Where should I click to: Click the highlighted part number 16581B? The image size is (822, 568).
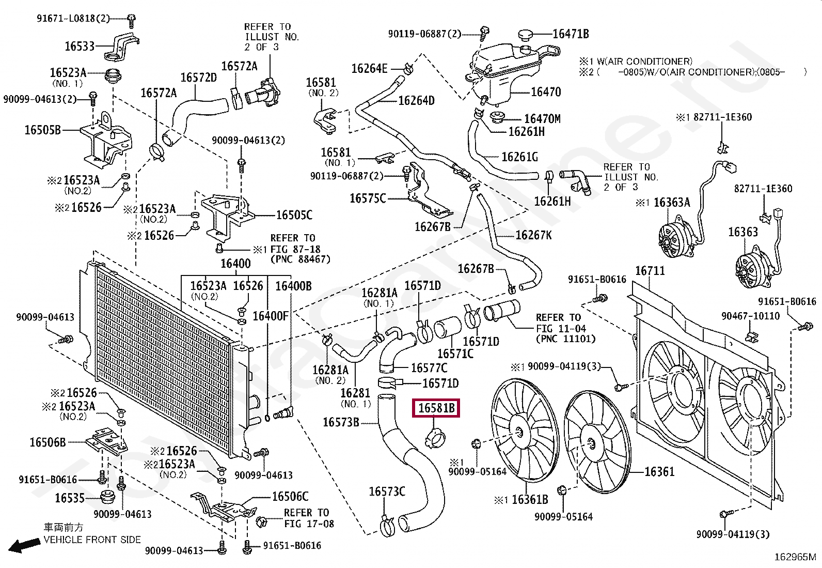(x=436, y=408)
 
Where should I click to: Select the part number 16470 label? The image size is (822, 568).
(x=546, y=92)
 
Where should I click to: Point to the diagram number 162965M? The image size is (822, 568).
(x=795, y=557)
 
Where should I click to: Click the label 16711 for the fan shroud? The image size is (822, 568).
(x=650, y=271)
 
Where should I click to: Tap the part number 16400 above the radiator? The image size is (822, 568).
(x=235, y=264)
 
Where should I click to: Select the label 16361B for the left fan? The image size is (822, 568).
(x=530, y=500)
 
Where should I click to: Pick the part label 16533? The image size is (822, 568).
(x=80, y=46)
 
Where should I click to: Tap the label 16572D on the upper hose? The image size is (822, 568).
(x=199, y=78)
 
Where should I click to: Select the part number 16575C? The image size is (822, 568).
(x=368, y=198)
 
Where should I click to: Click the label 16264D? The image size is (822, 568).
(x=416, y=100)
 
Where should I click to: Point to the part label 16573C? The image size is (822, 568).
(x=387, y=492)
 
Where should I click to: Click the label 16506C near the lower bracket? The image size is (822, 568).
(x=290, y=496)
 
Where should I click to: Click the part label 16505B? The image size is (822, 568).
(x=43, y=130)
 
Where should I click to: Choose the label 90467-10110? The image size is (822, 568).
(x=750, y=316)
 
